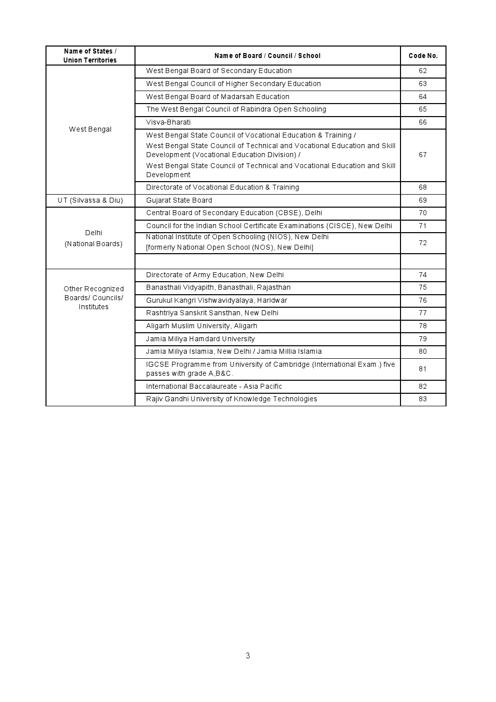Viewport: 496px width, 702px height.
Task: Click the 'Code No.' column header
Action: [423, 56]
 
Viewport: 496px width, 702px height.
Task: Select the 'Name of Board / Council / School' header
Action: [267, 56]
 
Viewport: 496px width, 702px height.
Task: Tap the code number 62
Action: [423, 71]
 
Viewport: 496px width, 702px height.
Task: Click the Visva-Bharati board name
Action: [168, 122]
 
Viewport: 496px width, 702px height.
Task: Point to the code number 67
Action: [423, 155]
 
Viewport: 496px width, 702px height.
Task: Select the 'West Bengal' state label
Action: [90, 129]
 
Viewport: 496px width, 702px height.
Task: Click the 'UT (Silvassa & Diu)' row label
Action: [90, 200]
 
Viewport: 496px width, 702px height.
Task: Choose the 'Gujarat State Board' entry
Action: [179, 200]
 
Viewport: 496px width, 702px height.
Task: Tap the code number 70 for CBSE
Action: [423, 213]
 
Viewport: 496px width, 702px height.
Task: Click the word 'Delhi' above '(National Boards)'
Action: [93, 233]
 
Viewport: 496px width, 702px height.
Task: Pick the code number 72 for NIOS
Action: [423, 243]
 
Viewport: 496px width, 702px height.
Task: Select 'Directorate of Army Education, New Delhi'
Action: [215, 275]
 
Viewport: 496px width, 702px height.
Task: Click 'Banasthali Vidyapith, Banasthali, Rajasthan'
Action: [218, 287]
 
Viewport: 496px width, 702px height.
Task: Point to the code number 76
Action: [423, 300]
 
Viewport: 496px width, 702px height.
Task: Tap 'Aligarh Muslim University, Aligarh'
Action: [201, 326]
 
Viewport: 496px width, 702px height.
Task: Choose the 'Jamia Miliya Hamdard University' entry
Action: [200, 339]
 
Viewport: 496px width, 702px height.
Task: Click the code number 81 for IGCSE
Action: [423, 369]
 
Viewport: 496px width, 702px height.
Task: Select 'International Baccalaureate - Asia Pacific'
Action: [214, 386]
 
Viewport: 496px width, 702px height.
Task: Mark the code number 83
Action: [423, 399]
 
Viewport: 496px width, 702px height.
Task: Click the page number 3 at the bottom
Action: [248, 655]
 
